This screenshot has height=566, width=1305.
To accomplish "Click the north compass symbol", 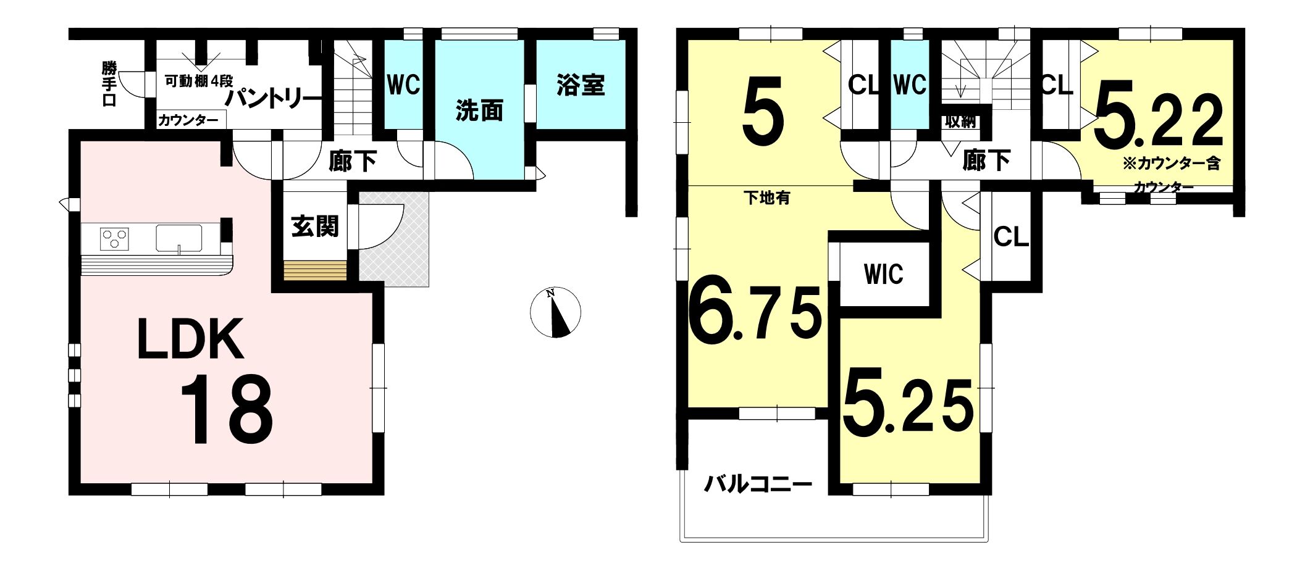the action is click(555, 312).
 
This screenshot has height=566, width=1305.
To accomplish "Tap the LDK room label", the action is click(190, 339).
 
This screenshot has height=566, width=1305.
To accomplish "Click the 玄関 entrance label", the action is click(315, 227).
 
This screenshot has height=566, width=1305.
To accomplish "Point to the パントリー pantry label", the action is click(274, 99).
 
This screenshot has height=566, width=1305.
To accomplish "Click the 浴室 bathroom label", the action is click(580, 85).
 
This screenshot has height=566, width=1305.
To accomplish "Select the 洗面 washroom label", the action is click(479, 110).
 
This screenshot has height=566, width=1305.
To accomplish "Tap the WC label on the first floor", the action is click(403, 85).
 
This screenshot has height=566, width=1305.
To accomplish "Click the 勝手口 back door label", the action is click(109, 84).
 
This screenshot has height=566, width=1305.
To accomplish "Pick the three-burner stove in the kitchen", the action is click(115, 238).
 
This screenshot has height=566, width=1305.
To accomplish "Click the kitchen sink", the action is click(179, 239).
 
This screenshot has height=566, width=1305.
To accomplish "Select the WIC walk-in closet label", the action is click(884, 274).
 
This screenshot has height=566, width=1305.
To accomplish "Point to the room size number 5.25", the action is click(908, 400).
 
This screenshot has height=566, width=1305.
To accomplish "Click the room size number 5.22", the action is click(1158, 121).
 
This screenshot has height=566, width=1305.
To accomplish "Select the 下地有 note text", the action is click(766, 198).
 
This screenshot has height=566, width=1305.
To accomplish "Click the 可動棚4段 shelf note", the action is click(199, 81).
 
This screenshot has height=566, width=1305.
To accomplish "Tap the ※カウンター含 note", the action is click(1172, 164).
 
